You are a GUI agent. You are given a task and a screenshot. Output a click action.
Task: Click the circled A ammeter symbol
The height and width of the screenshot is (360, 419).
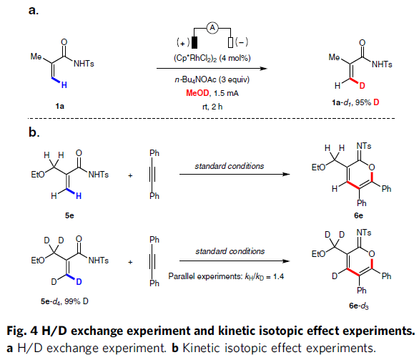pos(212,27)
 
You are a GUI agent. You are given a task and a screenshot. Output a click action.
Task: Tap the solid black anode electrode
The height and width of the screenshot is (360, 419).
pos(194,42)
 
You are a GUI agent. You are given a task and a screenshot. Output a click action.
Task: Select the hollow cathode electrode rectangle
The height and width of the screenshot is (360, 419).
pos(231,42)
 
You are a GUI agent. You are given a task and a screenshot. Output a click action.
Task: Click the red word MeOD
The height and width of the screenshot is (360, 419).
pos(197,93)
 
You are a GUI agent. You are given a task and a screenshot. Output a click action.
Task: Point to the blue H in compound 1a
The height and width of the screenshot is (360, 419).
pos(64,85)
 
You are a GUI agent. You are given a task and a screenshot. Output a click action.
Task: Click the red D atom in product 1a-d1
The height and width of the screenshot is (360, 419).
pos(362,86)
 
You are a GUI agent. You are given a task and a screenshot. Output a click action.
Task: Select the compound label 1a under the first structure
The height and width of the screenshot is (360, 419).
pos(60,106)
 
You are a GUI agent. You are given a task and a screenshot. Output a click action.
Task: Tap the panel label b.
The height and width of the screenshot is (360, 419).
pos(34,132)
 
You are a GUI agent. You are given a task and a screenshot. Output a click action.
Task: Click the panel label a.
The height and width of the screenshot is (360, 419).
pos(34,11)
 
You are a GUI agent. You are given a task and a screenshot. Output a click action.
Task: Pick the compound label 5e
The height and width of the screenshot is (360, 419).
pos(69,215)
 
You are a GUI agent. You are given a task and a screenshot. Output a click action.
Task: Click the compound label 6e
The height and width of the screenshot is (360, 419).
pos(359,215)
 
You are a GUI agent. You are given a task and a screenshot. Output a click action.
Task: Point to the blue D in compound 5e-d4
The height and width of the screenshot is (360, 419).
pos(79,282)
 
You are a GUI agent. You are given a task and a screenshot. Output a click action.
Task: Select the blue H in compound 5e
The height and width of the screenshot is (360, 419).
pos(79,196)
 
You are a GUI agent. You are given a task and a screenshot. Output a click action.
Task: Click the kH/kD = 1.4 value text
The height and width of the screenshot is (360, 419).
pos(265,276)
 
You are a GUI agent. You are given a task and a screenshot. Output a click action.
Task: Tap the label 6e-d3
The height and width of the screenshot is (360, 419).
pos(359,306)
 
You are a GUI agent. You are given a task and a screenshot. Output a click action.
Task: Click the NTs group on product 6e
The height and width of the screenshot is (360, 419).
pos(364,146)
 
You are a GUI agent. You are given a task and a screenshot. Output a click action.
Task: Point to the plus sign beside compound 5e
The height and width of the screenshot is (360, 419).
pos(130,175)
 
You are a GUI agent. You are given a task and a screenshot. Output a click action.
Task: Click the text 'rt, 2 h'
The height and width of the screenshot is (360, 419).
pos(212,107)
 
